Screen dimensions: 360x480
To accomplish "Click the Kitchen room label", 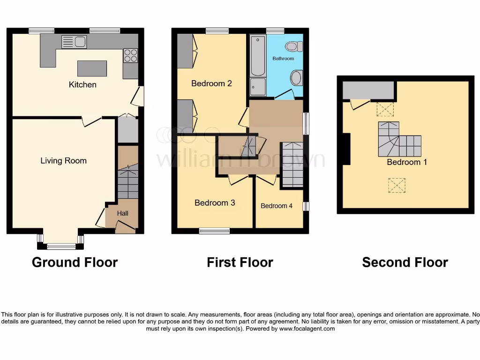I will tap(82, 85).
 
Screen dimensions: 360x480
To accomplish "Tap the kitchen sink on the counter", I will tap(74, 42).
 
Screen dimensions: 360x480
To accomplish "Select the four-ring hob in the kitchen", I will tap(130, 55).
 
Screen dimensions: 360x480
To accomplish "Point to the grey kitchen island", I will tap(92, 68).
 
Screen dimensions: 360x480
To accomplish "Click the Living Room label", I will tap(63, 161).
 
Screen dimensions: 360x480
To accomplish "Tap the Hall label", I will tap(122, 213).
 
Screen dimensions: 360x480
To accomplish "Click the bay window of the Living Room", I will tap(60, 245).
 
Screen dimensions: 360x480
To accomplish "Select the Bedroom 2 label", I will tap(211, 83).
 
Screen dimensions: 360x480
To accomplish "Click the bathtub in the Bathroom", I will tap(257, 56).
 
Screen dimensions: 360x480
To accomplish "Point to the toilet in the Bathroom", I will tap(295, 46).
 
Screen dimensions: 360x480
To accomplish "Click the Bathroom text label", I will tap(283, 59).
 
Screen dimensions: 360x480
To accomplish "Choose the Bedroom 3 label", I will tap(215, 203).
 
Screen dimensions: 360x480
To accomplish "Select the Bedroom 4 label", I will tap(277, 206).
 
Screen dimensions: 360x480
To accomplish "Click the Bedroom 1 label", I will tap(404, 162).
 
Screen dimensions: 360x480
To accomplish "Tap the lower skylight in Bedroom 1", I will tap(396, 186).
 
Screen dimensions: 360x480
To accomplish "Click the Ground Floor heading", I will tap(75, 262).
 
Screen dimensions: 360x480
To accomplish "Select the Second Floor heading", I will tap(405, 262).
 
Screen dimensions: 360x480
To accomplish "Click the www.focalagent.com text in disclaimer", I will tap(307, 329).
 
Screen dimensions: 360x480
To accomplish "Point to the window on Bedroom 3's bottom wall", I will tap(214, 231).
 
